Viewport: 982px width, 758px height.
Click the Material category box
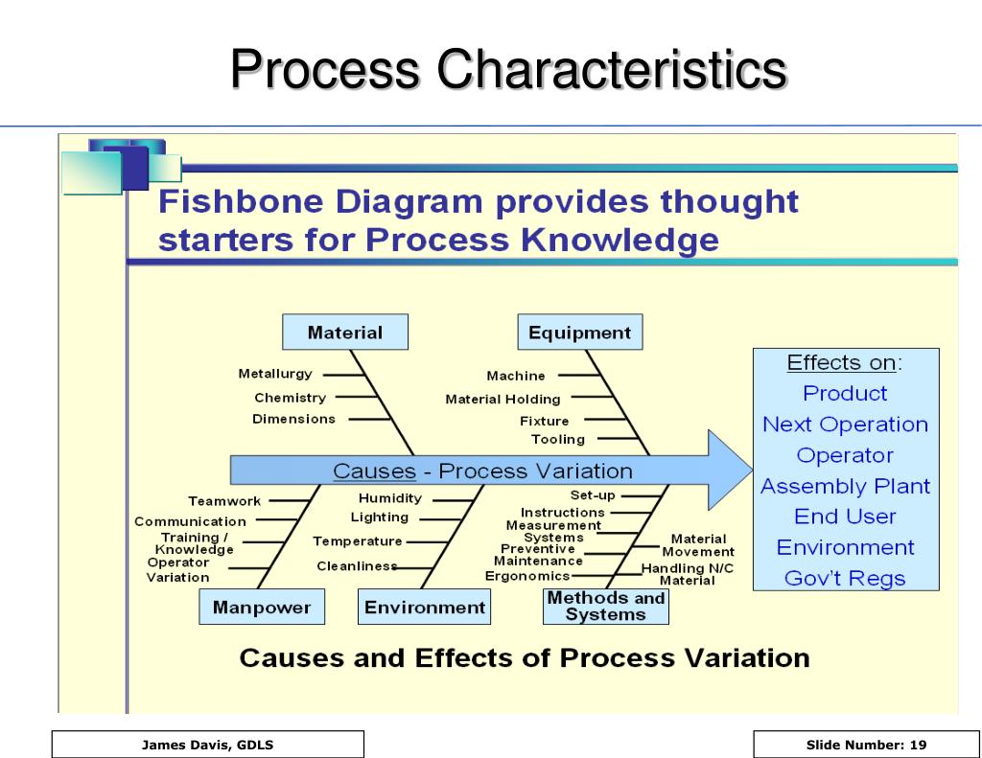point(344,333)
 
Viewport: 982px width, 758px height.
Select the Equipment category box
point(579,333)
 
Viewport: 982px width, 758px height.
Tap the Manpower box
point(262,608)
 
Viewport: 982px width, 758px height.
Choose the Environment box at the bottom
point(425,608)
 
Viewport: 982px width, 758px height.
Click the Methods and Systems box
point(605,607)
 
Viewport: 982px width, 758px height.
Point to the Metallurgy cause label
point(275,374)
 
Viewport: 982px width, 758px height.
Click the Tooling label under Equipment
point(558,439)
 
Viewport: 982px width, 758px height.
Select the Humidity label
point(389,498)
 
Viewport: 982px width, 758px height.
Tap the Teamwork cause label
point(224,500)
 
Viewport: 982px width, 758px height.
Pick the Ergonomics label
point(527,576)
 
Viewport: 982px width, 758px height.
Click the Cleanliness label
point(357,566)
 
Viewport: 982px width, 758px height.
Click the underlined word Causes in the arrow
point(374,471)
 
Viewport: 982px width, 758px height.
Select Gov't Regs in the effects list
point(844,578)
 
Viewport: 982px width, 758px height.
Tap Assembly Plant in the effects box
point(845,486)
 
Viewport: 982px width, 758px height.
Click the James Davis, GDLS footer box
point(208,745)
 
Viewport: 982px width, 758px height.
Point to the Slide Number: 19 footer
point(866,745)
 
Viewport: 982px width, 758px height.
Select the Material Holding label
point(503,399)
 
